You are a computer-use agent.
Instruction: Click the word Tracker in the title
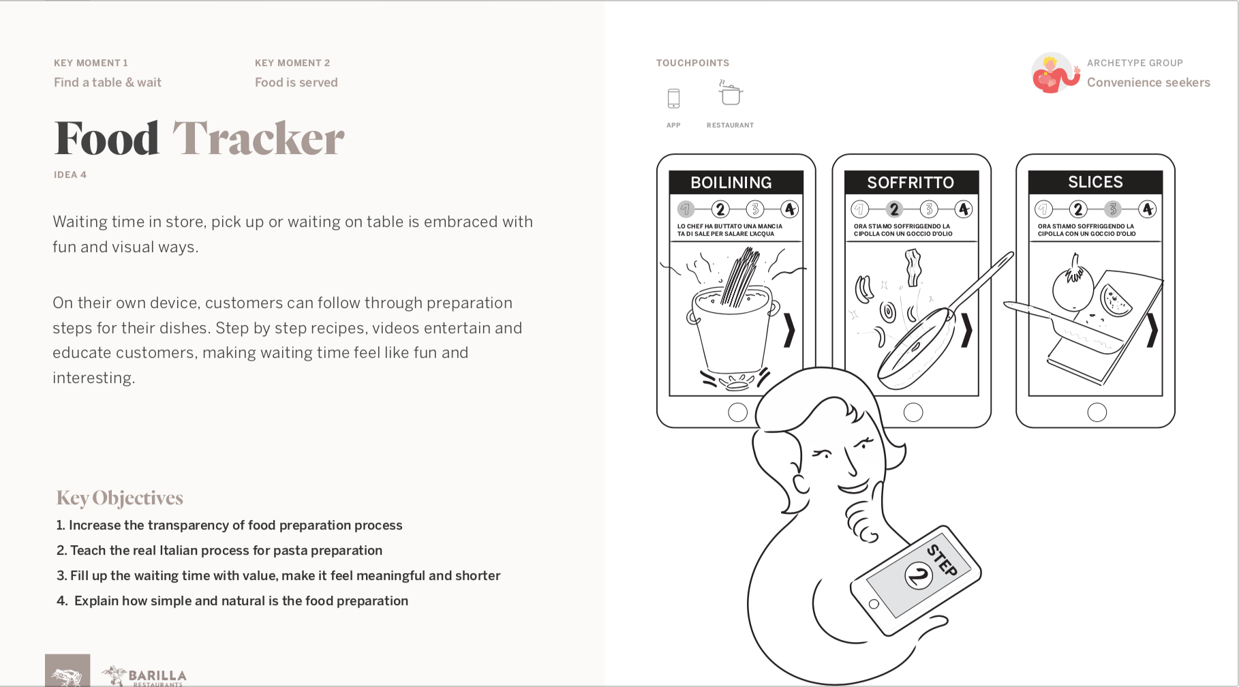258,138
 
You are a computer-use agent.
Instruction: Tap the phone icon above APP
673,99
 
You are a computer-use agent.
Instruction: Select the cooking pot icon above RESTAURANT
731,93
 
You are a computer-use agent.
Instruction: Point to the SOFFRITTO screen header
911,183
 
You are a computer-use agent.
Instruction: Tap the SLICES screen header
1095,182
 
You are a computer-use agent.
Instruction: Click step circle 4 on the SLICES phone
1148,209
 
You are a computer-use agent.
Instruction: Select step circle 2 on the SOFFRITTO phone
894,209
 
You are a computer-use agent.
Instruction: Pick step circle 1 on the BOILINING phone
686,209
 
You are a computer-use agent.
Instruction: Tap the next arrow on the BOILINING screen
789,331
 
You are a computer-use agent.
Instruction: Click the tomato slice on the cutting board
1116,301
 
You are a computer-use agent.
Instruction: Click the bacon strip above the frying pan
913,266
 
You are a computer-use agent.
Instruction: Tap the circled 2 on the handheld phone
919,576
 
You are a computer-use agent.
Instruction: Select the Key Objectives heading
120,498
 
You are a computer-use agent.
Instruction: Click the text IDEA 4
70,174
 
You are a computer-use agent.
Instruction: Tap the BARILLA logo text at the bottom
157,676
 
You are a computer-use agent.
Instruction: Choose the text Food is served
296,82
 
